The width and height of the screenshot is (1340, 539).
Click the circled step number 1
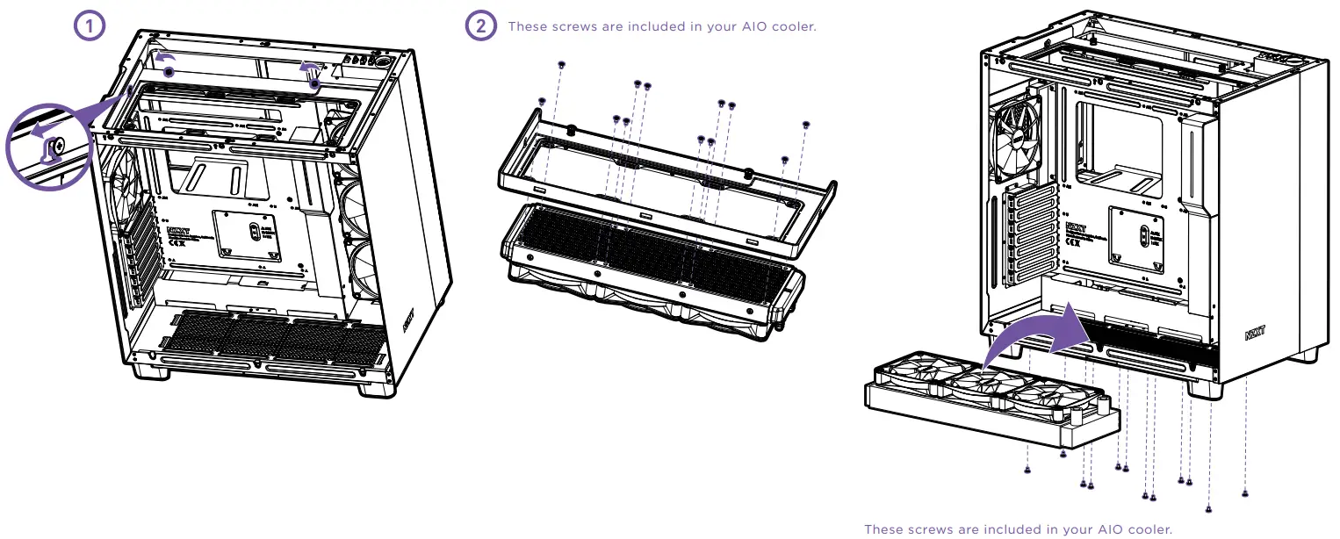[x=88, y=26]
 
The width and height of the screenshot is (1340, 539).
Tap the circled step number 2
[x=479, y=26]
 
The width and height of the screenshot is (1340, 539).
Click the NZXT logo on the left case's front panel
[x=409, y=320]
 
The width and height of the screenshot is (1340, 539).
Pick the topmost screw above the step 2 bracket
[x=562, y=66]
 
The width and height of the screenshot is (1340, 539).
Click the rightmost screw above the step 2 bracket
[x=807, y=125]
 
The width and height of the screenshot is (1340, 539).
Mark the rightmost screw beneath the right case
[x=1245, y=492]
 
